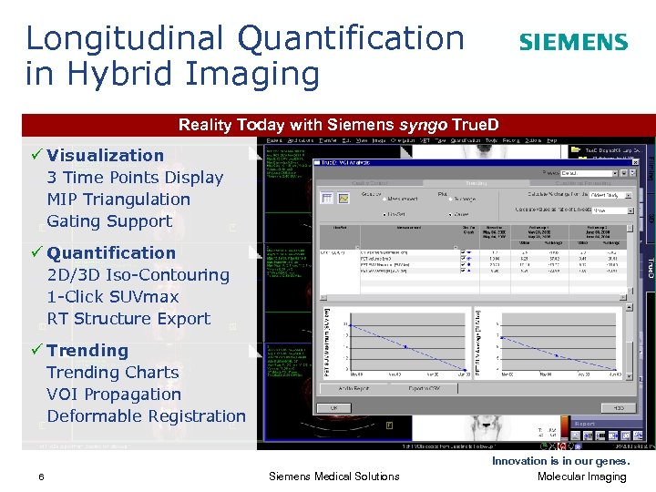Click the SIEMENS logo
573,42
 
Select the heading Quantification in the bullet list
111,252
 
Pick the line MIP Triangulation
118,199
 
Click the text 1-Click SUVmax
113,296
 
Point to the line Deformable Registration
146,415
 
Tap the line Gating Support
109,220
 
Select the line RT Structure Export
128,318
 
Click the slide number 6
42,477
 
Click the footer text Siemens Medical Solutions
334,477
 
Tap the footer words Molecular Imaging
582,477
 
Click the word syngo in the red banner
428,125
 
